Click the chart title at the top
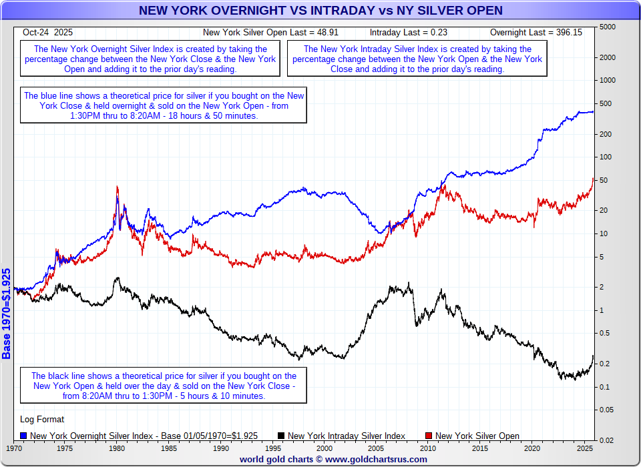point(320,10)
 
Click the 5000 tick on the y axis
point(607,27)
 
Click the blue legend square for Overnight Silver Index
point(24,436)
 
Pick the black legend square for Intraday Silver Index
point(281,436)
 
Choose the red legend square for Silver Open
point(429,436)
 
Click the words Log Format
point(43,420)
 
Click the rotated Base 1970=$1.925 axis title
point(7,314)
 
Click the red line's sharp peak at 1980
point(118,187)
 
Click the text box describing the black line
point(164,386)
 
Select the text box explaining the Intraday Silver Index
point(417,59)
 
